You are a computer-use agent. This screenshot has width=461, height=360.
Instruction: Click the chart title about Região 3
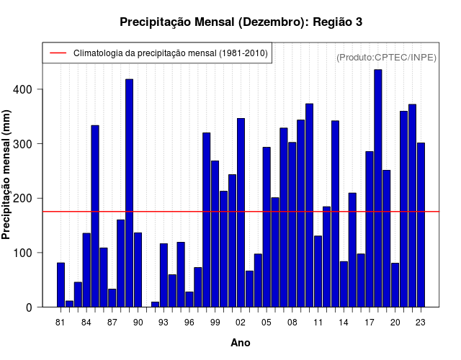(x=241, y=22)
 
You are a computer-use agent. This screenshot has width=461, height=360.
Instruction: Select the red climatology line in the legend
(x=57, y=53)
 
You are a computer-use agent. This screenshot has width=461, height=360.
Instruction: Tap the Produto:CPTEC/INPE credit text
(x=386, y=57)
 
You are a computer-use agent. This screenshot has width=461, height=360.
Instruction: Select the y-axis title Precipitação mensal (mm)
(x=6, y=180)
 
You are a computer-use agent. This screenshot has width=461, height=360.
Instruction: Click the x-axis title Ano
(x=241, y=343)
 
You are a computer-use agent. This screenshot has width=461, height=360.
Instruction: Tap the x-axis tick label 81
(x=61, y=322)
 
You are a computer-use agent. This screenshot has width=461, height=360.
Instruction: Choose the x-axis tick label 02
(x=241, y=322)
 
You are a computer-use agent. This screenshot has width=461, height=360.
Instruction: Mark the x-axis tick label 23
(x=421, y=322)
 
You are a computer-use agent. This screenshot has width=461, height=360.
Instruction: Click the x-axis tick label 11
(x=318, y=322)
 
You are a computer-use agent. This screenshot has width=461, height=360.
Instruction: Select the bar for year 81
(x=61, y=285)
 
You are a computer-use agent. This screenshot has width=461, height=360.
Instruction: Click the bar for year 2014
(x=344, y=284)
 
